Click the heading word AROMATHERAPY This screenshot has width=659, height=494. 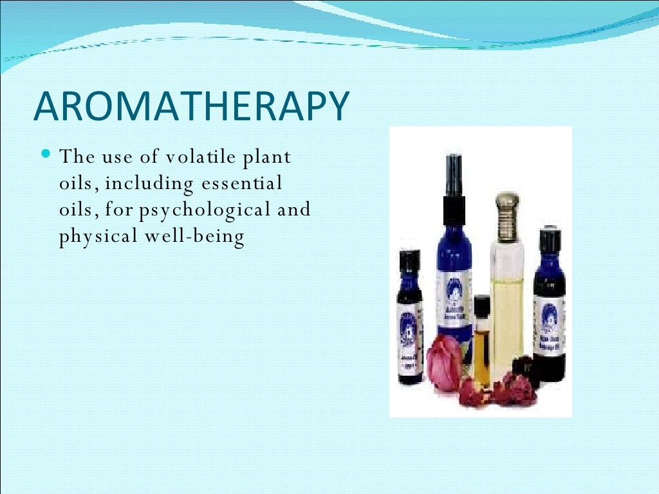(191, 107)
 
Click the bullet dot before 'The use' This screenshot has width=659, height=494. (44, 154)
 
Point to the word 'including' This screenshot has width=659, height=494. (149, 184)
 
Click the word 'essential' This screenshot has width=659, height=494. (242, 183)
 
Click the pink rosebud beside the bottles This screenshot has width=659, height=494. (445, 361)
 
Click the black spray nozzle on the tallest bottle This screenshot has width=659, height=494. (454, 177)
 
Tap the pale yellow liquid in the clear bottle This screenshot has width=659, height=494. (507, 309)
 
